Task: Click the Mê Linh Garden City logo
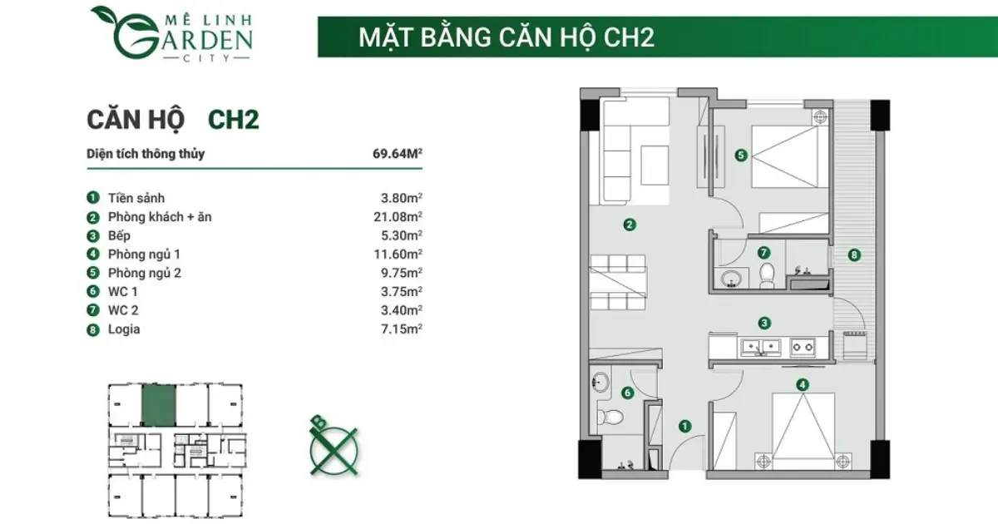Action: pos(172,33)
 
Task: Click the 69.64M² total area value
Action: pos(398,154)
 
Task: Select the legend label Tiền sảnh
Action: pos(136,198)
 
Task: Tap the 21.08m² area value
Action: pos(398,217)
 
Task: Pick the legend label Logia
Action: pos(124,329)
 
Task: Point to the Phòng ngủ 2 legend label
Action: pos(145,273)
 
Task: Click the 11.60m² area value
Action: pos(398,255)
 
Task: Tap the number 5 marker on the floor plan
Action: pos(740,155)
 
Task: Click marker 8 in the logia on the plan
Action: pos(853,255)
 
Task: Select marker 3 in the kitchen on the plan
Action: pos(764,323)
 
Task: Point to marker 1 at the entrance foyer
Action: pos(684,427)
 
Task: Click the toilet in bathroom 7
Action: pos(767,275)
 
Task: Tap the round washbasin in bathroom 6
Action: pos(600,383)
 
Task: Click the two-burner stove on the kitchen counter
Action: pos(803,347)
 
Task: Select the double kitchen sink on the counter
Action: pos(760,348)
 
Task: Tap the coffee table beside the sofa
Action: pos(655,166)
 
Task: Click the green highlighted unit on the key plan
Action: pos(159,406)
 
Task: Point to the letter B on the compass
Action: pos(319,422)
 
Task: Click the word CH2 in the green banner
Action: pos(629,37)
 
